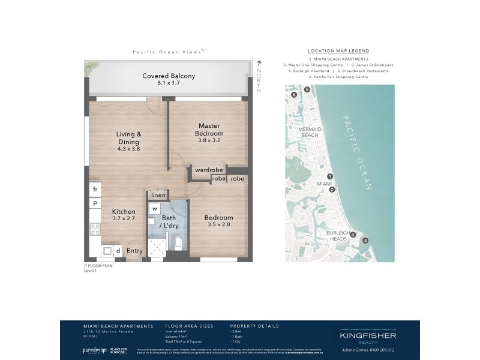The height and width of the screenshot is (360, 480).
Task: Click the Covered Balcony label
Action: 168,76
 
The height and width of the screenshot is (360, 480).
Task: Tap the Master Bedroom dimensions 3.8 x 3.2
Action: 211,141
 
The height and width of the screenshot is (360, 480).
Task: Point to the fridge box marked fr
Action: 95,189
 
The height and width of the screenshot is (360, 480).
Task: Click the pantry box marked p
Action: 95,204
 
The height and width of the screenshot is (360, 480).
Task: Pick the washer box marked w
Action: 154,209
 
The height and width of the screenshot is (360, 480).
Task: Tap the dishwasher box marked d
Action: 118,251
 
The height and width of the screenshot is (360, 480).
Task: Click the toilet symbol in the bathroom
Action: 178,243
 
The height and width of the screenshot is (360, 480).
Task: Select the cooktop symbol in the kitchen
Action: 95,229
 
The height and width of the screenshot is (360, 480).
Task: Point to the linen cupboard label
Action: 158,195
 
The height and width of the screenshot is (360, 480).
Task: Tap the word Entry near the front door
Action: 135,251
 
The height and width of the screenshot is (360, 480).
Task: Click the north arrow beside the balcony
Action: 259,63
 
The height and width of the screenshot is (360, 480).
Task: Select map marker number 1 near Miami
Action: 330,176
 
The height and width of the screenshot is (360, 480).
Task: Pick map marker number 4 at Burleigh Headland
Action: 365,241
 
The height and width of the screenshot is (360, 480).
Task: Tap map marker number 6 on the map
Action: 294,95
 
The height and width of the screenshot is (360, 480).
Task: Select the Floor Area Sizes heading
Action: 189,326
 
